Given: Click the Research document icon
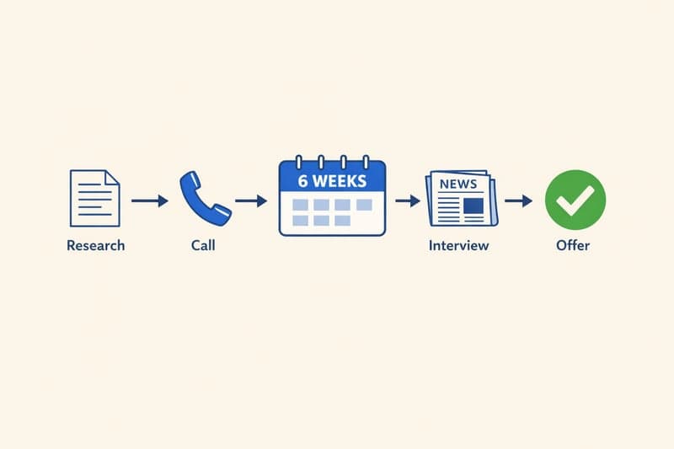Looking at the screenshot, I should click(x=94, y=198).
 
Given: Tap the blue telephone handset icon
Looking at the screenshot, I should click(x=205, y=199).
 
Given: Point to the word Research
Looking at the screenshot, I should click(x=96, y=246).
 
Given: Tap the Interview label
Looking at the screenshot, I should click(x=458, y=246).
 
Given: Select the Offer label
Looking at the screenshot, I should click(x=573, y=246).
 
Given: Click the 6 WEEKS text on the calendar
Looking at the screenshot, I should click(x=332, y=180).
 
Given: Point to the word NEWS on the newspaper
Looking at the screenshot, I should click(x=458, y=184).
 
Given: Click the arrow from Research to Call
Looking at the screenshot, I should click(x=150, y=201).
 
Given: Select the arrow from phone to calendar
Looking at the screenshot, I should click(x=251, y=201).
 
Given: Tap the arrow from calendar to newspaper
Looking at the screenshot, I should click(x=408, y=201).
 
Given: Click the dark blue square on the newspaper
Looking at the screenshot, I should click(x=473, y=206).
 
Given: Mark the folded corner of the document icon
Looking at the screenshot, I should click(x=111, y=177).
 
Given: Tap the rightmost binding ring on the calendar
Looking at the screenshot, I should click(x=366, y=162).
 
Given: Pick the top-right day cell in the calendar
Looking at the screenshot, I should click(x=364, y=205).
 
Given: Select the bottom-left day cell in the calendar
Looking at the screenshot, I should click(x=300, y=221).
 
